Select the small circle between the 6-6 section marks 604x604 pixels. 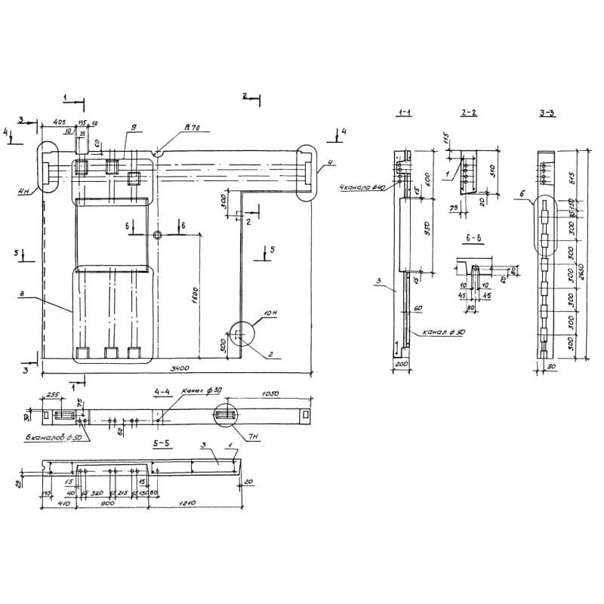[157, 236]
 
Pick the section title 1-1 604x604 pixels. [403, 112]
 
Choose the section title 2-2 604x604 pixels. [468, 112]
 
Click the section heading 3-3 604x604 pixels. [548, 112]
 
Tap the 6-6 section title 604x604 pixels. [475, 238]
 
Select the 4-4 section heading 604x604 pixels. [161, 392]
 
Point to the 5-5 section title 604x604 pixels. [161, 445]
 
